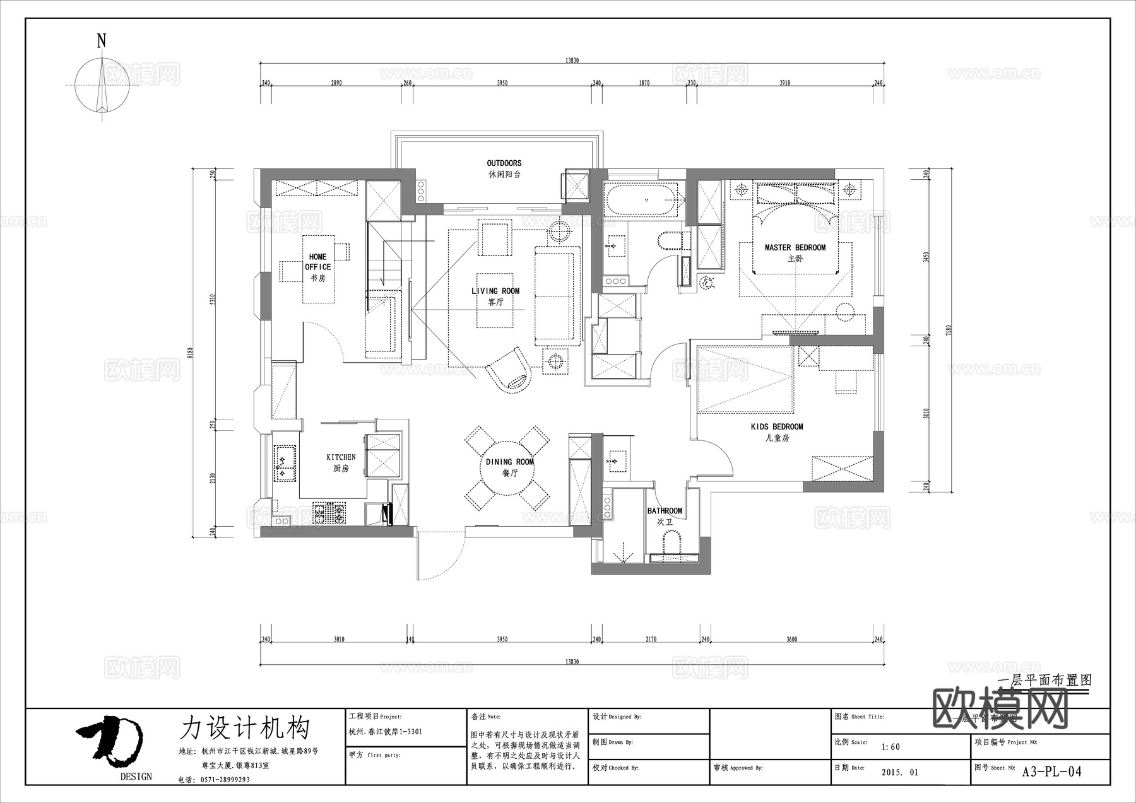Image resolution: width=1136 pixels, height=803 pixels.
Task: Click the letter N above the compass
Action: (x=101, y=42)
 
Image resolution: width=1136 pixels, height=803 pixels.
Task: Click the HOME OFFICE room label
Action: (x=318, y=262)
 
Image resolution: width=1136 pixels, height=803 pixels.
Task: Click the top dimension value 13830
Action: (x=571, y=61)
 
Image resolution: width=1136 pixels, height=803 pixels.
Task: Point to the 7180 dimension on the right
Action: (x=949, y=331)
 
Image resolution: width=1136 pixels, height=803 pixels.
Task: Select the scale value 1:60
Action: (x=890, y=747)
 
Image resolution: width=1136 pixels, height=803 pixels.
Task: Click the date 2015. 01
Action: (x=899, y=772)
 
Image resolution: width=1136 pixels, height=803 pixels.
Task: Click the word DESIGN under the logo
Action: (x=136, y=777)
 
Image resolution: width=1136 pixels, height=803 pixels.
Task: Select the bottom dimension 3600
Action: (x=791, y=639)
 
